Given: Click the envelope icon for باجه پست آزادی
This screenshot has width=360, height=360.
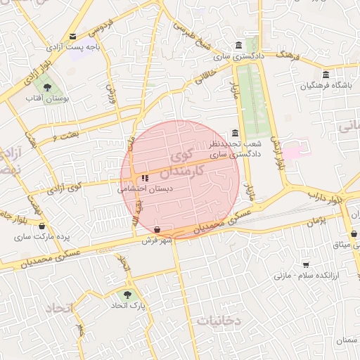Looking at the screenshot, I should click(x=73, y=37).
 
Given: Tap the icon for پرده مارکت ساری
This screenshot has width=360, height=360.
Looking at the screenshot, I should click(x=43, y=226).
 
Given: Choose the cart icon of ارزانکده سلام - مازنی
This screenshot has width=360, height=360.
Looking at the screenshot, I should click(x=306, y=264).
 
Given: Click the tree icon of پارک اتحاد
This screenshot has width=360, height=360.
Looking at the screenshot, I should click(x=127, y=295).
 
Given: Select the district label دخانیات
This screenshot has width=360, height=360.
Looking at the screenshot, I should click(x=219, y=321).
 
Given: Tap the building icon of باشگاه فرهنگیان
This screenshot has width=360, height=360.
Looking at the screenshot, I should click(x=325, y=75).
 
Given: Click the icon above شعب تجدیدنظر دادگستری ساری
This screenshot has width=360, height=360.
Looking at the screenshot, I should click(x=235, y=134).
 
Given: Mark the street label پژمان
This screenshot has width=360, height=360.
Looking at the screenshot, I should click(x=316, y=221).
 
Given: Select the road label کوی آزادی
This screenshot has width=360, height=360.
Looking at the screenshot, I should click(x=64, y=188).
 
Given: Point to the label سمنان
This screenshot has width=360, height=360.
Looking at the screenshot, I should click(x=347, y=341).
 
